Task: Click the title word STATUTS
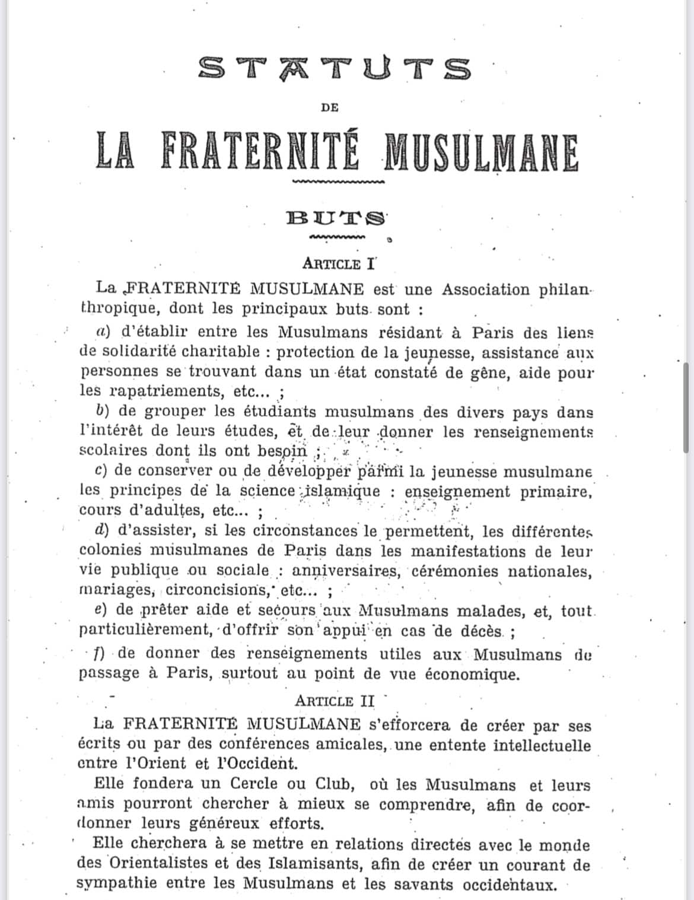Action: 335,69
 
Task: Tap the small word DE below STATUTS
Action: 330,107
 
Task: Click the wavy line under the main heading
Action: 338,182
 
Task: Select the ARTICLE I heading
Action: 339,263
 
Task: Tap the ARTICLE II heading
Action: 335,701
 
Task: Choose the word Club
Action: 334,784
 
